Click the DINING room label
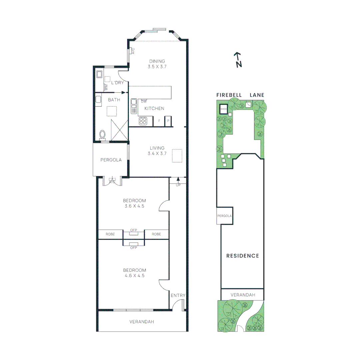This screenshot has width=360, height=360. point(157,61)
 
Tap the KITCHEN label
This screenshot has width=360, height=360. point(154,108)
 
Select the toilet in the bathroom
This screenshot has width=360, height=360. point(102,135)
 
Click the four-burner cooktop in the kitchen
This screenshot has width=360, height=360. point(143,121)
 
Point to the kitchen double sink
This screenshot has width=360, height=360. point(134,106)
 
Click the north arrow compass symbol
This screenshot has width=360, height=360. point(238,59)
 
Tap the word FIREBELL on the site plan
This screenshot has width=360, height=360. point(229,95)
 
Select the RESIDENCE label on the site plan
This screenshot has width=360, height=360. point(243,256)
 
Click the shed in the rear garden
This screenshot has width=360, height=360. point(223,109)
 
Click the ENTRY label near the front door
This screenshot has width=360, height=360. point(178,295)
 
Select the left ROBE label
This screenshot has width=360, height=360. point(110,234)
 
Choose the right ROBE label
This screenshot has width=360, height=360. point(156,234)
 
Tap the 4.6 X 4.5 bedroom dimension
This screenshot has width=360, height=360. point(134,276)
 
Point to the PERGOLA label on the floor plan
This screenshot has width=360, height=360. point(111,160)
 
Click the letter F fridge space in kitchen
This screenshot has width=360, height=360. point(159,121)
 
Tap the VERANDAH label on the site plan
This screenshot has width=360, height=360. point(242,295)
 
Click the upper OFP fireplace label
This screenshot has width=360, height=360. point(134,230)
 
